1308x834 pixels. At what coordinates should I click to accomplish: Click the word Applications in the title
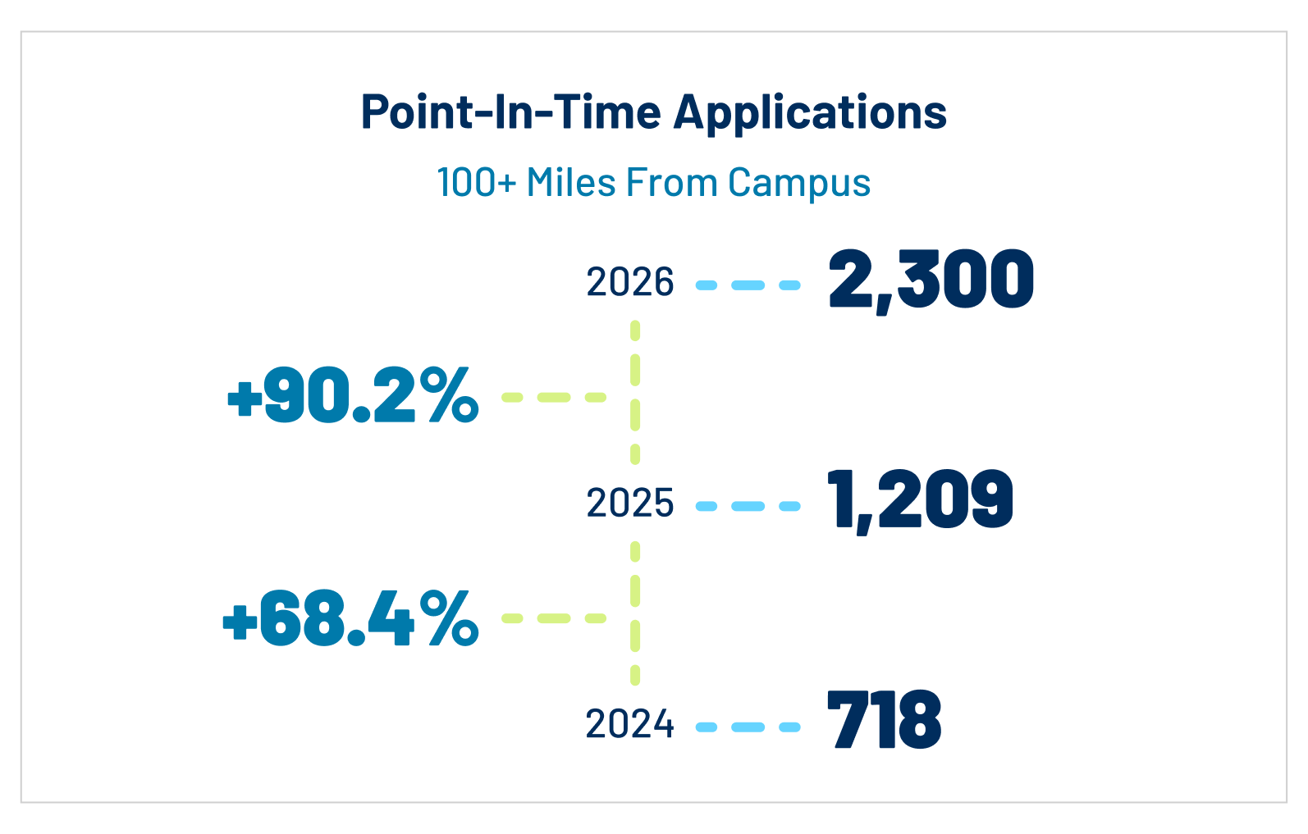click(x=810, y=112)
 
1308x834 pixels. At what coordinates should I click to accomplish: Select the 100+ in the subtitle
click(x=476, y=183)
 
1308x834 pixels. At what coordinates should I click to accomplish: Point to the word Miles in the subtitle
click(x=571, y=182)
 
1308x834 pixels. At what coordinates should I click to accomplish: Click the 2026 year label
click(x=630, y=283)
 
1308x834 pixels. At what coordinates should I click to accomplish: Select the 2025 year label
click(x=630, y=504)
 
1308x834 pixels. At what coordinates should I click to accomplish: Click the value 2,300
click(x=931, y=280)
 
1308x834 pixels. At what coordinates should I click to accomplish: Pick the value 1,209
click(x=920, y=499)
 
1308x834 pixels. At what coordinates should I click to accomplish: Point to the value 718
click(x=884, y=720)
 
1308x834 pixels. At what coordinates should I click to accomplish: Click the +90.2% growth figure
click(x=353, y=396)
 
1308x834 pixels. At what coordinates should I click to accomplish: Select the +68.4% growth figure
click(x=350, y=618)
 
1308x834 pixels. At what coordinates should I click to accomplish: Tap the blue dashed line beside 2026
click(x=748, y=285)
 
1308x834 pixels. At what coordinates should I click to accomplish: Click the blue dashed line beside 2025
click(x=748, y=506)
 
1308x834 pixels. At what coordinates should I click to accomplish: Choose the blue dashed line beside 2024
click(x=748, y=727)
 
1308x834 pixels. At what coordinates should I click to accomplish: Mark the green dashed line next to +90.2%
click(x=554, y=397)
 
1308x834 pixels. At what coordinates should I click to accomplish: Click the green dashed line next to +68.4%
click(x=554, y=618)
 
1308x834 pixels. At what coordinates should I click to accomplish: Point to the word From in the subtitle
click(x=671, y=182)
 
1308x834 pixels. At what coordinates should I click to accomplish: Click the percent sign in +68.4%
click(x=450, y=618)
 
